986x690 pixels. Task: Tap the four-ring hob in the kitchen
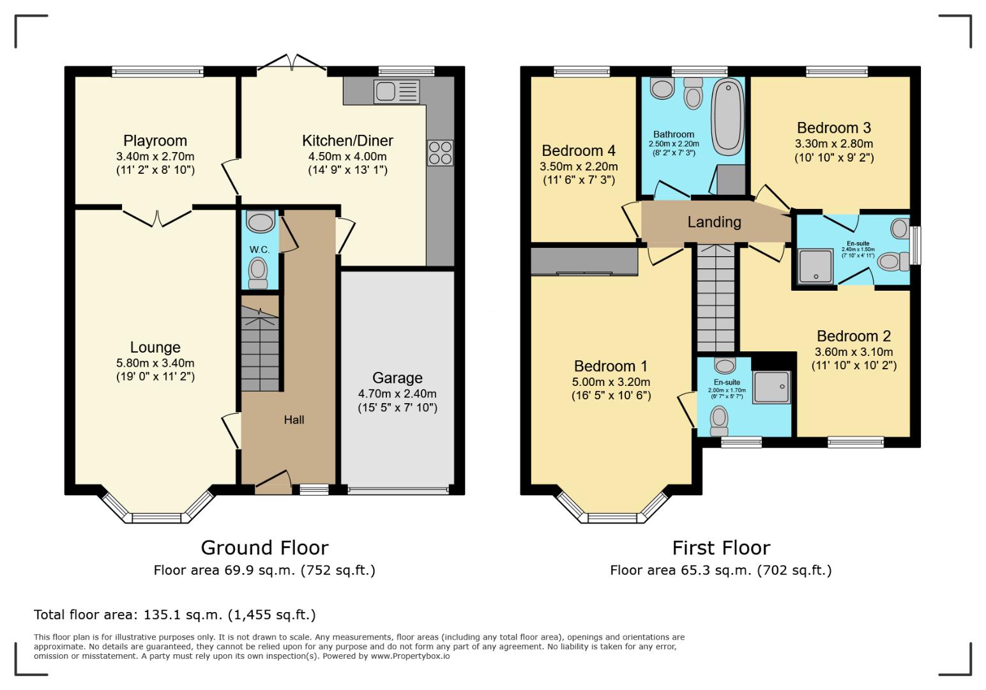point(440,153)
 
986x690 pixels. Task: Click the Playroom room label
point(155,141)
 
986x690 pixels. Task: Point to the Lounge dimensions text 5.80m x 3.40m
point(155,363)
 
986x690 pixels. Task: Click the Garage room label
point(397,378)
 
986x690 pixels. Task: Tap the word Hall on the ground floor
point(294,420)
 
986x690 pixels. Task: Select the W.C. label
point(259,249)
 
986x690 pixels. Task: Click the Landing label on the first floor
point(714,222)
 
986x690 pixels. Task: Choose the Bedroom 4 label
point(579,151)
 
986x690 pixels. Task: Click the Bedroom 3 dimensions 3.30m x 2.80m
point(833,144)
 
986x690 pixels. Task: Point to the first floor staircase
point(715,297)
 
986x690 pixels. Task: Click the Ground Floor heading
point(264,548)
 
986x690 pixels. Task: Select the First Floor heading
point(721,548)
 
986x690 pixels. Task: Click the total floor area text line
point(174,615)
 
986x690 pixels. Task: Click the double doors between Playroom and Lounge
point(157,216)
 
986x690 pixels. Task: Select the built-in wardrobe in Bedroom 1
point(584,261)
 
